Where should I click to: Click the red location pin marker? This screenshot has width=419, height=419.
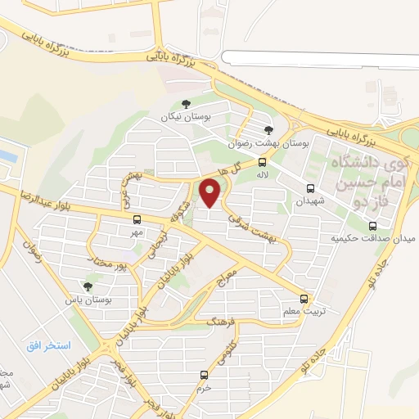pos(212,193)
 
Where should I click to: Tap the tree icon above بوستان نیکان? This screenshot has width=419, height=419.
pos(186,104)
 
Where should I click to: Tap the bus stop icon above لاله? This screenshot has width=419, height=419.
pos(262,162)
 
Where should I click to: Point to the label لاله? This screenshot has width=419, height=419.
pos(262,175)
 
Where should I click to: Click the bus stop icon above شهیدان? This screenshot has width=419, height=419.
pos(309,187)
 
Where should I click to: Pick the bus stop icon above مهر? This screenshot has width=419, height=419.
pos(137,219)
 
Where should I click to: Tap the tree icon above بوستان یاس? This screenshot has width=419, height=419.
pos(87,286)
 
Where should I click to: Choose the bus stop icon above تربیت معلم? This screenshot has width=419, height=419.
pos(304,299)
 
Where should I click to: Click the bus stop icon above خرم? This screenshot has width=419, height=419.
pos(204,375)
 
